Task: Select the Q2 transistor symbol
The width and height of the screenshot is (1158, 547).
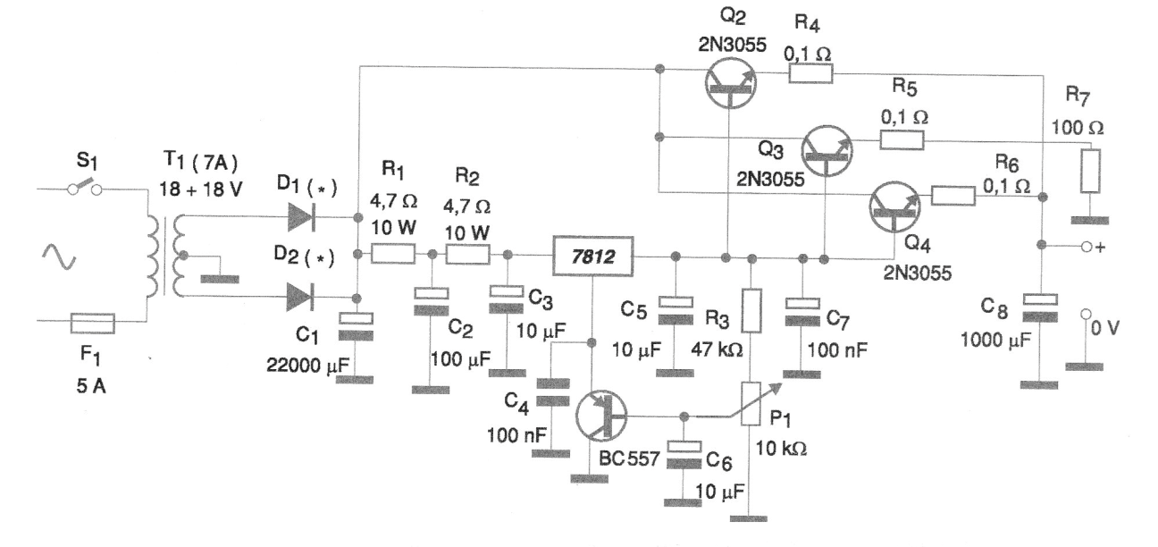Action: (731, 83)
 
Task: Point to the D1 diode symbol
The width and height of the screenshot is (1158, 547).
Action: (301, 217)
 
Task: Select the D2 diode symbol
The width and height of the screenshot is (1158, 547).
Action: (300, 298)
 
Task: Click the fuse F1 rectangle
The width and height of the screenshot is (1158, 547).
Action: (93, 324)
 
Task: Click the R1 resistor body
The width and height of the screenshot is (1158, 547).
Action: (393, 254)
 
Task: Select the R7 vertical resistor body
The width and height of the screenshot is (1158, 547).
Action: (1090, 171)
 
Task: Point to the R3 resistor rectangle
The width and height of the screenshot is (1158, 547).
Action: (751, 310)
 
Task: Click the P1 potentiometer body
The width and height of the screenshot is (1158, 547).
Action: (751, 404)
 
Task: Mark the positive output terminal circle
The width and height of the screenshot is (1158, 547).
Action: (1087, 247)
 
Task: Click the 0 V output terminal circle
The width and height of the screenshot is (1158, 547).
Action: (1086, 314)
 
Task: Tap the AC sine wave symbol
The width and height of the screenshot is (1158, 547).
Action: (59, 257)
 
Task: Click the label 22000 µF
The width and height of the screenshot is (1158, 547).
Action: (308, 366)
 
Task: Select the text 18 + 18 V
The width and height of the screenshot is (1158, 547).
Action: (200, 189)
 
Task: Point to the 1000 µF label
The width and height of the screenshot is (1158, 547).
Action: (995, 340)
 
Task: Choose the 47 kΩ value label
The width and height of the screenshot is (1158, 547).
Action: (717, 349)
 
